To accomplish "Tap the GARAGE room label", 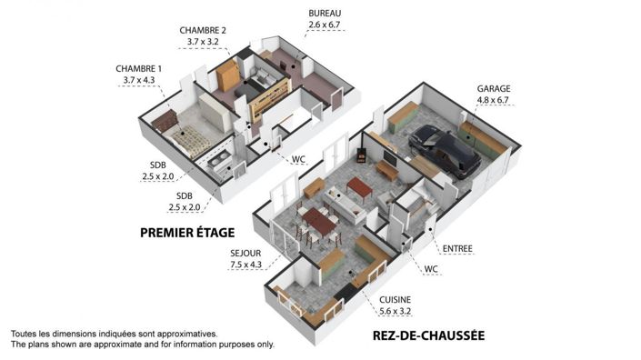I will (x=493, y=89).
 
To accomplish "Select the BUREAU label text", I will (x=324, y=14).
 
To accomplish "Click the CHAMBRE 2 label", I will (x=203, y=30).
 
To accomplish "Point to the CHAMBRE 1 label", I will (x=138, y=69).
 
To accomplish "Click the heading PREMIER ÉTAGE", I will (x=187, y=232).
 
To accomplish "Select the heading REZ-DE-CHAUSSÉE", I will (x=428, y=336).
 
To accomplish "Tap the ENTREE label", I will (x=457, y=248).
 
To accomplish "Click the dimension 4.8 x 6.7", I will (x=493, y=101).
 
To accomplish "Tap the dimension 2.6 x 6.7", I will (x=324, y=25).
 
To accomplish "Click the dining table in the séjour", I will (x=318, y=221).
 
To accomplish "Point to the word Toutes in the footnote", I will (x=26, y=334).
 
